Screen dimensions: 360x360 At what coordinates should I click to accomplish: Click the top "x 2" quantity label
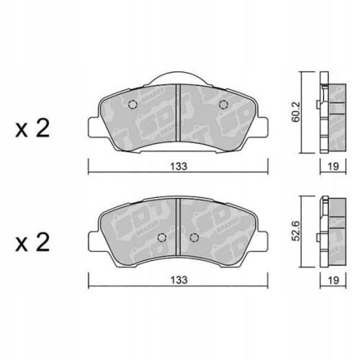pyautogui.click(x=32, y=129)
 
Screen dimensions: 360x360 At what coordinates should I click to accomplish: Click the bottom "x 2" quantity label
pyautogui.click(x=32, y=243)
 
